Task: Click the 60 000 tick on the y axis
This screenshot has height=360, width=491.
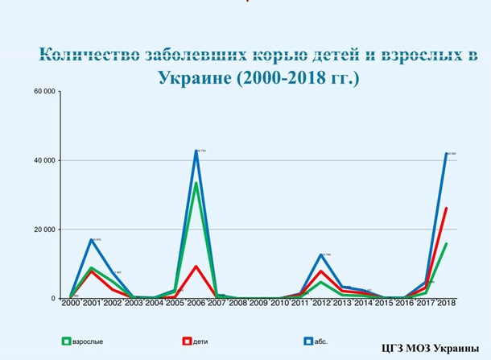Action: click(x=43, y=91)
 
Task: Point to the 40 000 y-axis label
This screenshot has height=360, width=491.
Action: click(x=43, y=160)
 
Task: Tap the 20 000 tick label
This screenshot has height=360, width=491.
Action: click(x=43, y=230)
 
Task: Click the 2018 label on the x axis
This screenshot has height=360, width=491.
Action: click(x=447, y=304)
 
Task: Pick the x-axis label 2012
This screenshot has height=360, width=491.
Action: click(x=322, y=304)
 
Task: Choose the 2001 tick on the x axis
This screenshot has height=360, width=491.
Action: click(x=92, y=304)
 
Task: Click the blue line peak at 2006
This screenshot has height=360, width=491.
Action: click(x=196, y=151)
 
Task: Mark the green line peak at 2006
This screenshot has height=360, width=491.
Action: click(x=196, y=183)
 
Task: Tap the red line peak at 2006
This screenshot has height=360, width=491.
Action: click(x=196, y=266)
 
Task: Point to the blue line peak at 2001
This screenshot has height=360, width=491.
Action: click(x=92, y=239)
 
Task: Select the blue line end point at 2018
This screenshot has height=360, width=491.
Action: click(x=447, y=153)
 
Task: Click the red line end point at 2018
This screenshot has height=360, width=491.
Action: click(x=447, y=208)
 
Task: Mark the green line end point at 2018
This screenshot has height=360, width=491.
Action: click(x=447, y=243)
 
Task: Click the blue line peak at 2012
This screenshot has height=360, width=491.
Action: click(x=322, y=254)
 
